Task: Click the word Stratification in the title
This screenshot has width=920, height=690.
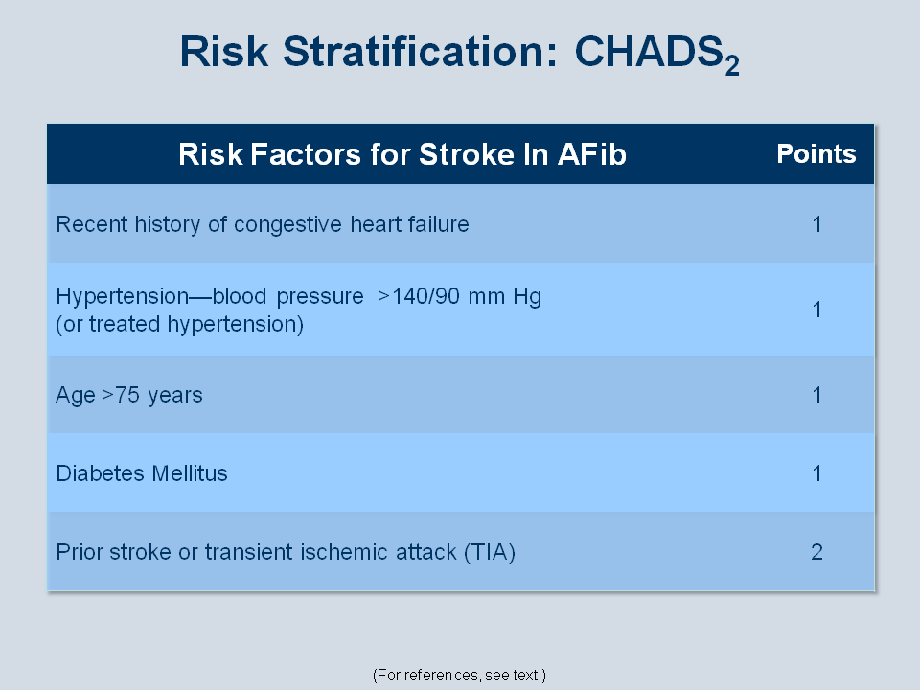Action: (420, 52)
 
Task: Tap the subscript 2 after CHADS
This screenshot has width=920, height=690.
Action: (731, 65)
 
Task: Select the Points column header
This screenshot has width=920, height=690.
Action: (816, 153)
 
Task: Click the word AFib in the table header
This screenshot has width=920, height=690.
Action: (592, 154)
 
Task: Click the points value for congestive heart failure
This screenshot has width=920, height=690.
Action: (816, 224)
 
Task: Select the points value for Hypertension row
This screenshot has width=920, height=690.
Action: (816, 310)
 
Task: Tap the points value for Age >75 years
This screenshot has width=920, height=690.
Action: (816, 395)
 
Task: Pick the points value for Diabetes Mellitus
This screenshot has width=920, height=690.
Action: (816, 473)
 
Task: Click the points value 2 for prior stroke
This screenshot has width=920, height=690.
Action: (816, 552)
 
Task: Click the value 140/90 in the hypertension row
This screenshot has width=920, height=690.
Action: (425, 296)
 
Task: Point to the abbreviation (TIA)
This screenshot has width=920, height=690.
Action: (490, 553)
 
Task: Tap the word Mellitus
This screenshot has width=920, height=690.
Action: (190, 473)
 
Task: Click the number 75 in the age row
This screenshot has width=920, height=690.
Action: (127, 395)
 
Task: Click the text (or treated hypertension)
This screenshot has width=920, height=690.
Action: (179, 324)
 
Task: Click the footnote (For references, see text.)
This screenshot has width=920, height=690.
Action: (459, 676)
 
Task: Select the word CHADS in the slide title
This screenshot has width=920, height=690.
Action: (649, 52)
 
